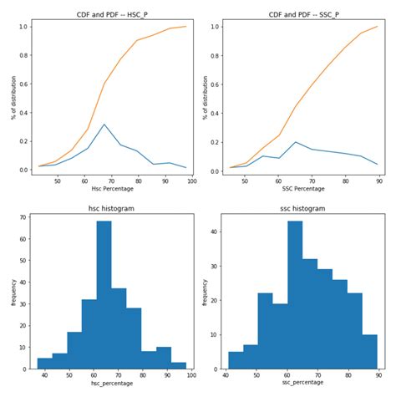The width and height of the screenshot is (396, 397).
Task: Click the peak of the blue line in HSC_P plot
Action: coord(104,125)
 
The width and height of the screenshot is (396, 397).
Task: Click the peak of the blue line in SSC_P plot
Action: coord(295,142)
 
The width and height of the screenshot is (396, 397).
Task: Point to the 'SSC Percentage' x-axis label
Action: coord(302,188)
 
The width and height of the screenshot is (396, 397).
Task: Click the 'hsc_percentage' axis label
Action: coord(111,382)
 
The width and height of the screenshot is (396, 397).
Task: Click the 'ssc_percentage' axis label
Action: coord(302,382)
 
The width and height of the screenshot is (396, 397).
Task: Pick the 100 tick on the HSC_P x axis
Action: coord(192,179)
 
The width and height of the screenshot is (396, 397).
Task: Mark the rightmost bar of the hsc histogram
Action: coord(179,364)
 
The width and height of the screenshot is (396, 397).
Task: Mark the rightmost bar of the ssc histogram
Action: coord(369,351)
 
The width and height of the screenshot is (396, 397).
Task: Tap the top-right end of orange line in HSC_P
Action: coord(186,26)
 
